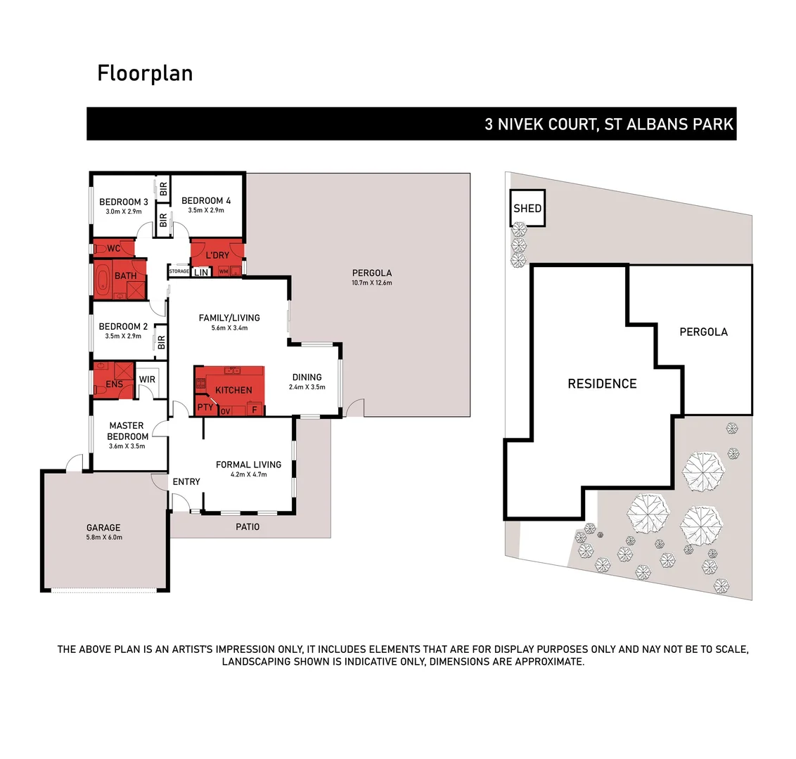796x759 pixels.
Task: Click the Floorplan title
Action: click(145, 73)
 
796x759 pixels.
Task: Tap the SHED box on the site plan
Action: click(527, 208)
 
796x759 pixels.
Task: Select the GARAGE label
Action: click(103, 527)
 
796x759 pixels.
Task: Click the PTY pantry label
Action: click(205, 407)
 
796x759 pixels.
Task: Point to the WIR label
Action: click(147, 379)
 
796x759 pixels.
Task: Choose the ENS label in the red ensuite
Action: click(114, 384)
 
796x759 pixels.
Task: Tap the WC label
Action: click(114, 248)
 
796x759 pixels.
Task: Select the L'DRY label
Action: click(217, 255)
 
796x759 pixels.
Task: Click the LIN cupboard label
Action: click(201, 272)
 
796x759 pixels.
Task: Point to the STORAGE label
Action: click(179, 271)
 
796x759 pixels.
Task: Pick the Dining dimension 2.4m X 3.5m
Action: click(307, 387)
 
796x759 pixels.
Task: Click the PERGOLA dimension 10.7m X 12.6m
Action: click(372, 283)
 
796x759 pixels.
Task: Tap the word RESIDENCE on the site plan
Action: click(602, 384)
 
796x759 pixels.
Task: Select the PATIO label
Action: click(247, 526)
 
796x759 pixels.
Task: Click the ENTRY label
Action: click(186, 481)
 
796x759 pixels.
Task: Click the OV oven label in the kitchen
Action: click(225, 411)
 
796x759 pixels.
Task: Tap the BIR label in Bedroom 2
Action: click(161, 342)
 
